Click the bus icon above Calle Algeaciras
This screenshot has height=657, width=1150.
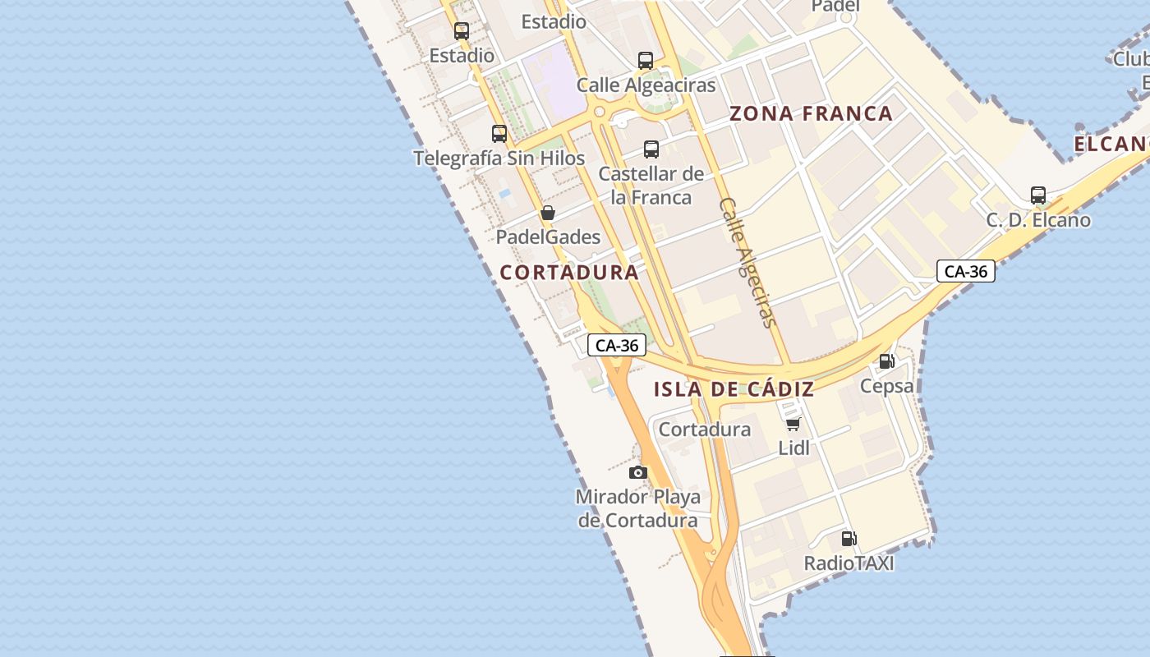(x=646, y=60)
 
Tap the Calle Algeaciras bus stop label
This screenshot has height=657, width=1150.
(x=646, y=85)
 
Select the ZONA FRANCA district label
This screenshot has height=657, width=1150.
(x=811, y=114)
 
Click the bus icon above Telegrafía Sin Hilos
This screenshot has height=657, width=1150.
(x=499, y=133)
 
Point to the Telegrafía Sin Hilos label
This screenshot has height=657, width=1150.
(x=499, y=159)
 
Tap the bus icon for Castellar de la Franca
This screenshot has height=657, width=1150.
(x=651, y=149)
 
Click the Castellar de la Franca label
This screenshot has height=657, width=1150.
(x=651, y=186)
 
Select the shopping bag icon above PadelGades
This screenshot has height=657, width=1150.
(x=548, y=213)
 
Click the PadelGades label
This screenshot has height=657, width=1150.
(x=548, y=237)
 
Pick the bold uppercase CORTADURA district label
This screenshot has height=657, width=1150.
(x=569, y=273)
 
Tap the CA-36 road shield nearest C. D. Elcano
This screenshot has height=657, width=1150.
(x=966, y=271)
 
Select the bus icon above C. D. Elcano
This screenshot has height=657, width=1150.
(x=1038, y=195)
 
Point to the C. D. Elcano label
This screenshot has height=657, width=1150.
(x=1038, y=220)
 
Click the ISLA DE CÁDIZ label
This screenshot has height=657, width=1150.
(x=734, y=390)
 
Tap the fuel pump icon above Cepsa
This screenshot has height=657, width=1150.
(x=887, y=361)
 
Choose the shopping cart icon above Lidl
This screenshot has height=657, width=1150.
(x=793, y=424)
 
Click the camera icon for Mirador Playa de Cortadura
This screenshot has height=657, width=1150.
(x=638, y=472)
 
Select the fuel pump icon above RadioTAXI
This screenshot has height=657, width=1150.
(x=849, y=539)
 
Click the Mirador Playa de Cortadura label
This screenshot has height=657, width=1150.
(x=638, y=508)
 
